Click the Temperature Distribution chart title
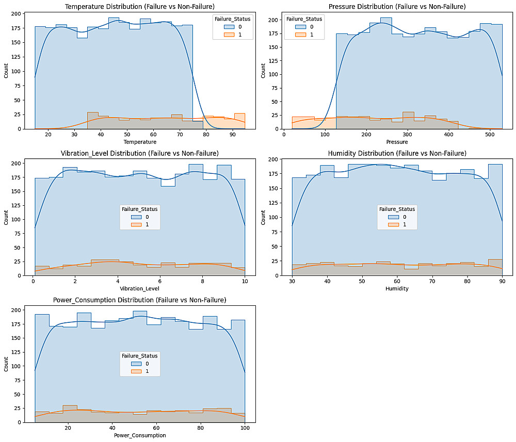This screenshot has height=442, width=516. (x=139, y=6)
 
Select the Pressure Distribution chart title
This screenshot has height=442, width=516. (x=397, y=6)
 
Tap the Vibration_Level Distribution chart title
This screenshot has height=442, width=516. (x=139, y=153)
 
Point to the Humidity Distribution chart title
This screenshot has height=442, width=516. (x=397, y=153)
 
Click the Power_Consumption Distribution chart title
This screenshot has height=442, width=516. (x=139, y=300)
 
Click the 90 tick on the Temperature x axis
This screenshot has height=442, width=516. (x=232, y=135)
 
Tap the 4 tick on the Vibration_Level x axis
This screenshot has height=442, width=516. (x=118, y=282)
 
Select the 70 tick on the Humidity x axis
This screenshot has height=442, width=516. (x=432, y=282)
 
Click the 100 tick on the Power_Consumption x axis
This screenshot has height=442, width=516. (x=245, y=429)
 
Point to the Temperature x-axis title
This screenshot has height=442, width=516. (x=139, y=142)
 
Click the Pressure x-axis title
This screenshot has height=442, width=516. (x=397, y=142)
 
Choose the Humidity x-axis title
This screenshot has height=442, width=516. (x=397, y=289)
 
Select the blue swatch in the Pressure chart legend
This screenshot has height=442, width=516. (x=299, y=27)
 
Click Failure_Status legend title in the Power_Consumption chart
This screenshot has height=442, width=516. (x=139, y=355)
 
